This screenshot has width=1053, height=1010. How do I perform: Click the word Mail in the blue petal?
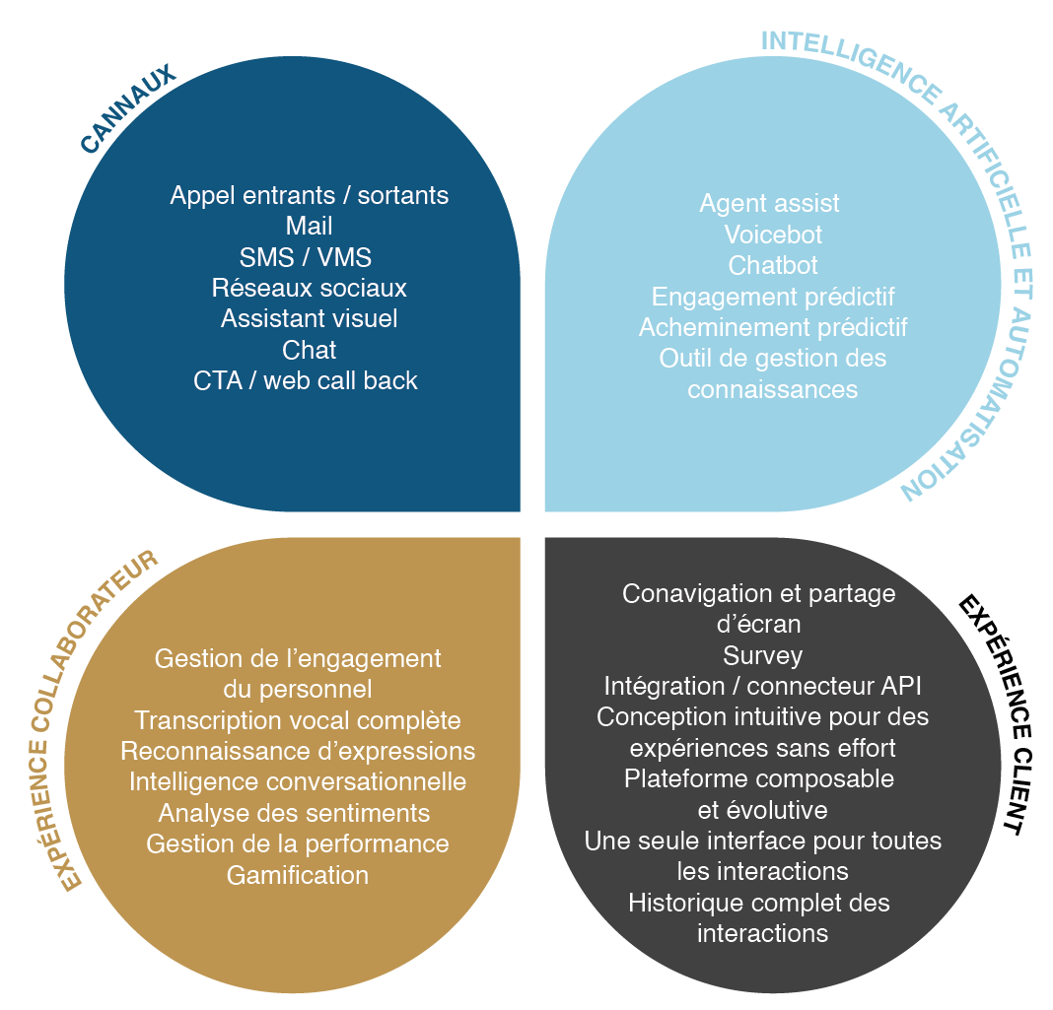(309, 227)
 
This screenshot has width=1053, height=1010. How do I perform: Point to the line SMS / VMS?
(306, 257)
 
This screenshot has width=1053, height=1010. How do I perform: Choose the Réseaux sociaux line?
(309, 288)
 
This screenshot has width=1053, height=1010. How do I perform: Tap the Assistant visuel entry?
(309, 318)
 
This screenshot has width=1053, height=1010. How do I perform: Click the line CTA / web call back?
(306, 380)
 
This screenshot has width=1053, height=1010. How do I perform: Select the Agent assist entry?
(769, 203)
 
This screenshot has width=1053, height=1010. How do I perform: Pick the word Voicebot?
(773, 235)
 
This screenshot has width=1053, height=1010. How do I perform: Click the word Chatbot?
(773, 265)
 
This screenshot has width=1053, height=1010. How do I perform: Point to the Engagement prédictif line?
(773, 296)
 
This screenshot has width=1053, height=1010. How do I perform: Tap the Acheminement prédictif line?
(773, 326)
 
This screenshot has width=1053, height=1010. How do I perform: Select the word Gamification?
(298, 874)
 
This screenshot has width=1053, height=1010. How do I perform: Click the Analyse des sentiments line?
(294, 813)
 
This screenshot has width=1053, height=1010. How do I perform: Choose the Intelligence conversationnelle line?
(298, 781)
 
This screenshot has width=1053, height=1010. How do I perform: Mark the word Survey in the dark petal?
(762, 655)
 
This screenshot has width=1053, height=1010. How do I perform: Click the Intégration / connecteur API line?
(762, 686)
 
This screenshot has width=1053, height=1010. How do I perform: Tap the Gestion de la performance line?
(298, 843)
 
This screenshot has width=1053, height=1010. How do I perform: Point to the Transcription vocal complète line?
(298, 720)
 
